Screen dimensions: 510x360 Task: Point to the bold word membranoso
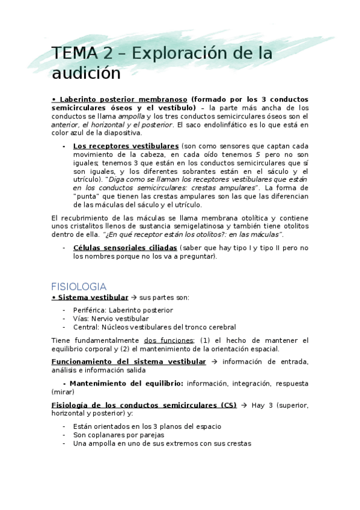pos(160,99)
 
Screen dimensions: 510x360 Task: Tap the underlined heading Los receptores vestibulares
pos(126,146)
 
